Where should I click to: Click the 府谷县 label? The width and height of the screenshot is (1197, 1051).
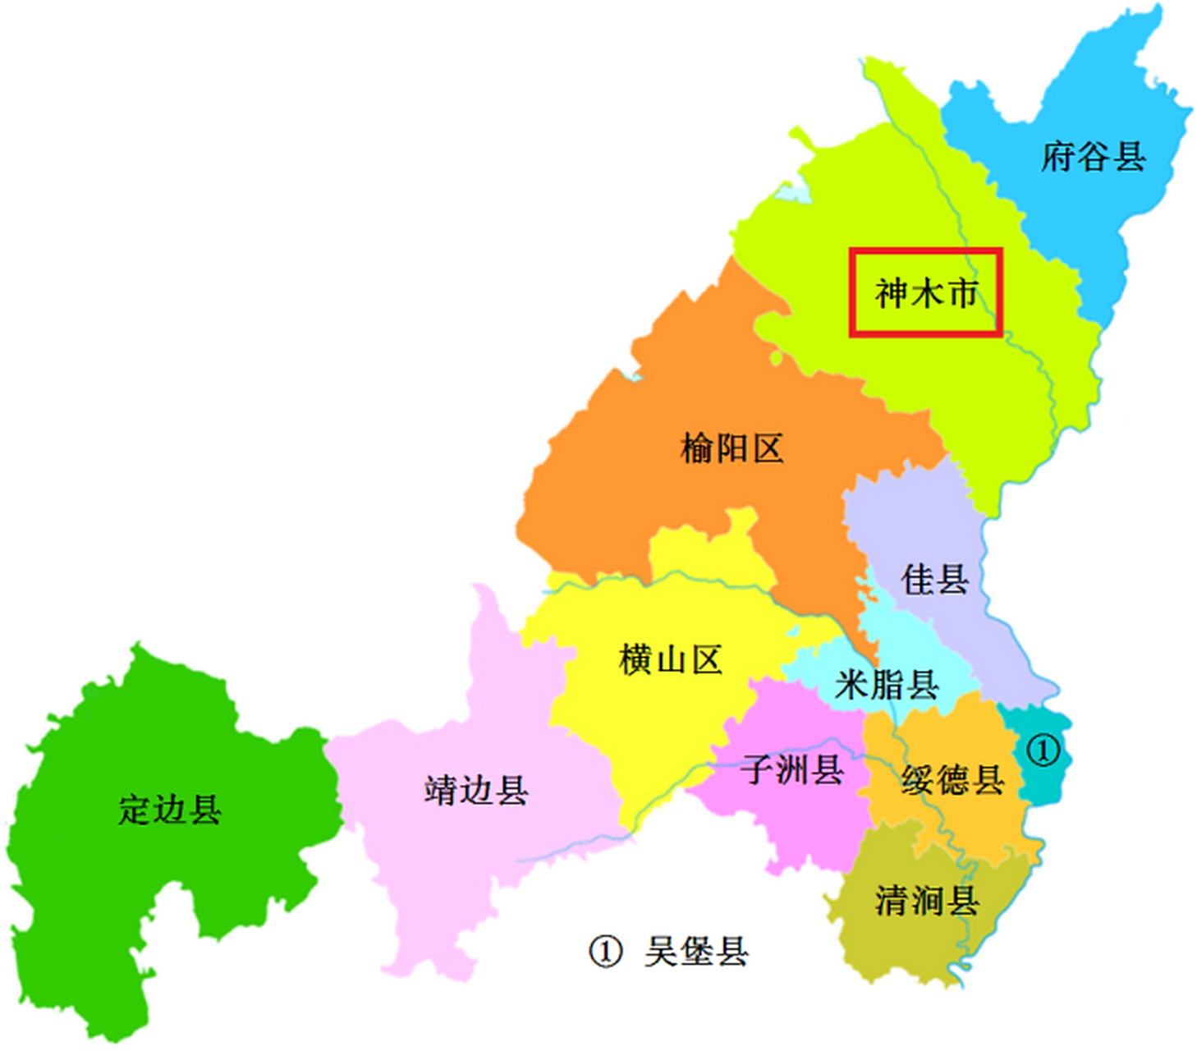(1093, 156)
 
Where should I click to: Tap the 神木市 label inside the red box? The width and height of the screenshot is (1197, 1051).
(926, 293)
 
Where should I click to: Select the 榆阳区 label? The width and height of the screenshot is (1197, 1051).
(731, 449)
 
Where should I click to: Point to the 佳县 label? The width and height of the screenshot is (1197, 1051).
(934, 580)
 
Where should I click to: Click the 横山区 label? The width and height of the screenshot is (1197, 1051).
(670, 659)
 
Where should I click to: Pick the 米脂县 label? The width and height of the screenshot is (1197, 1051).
(887, 684)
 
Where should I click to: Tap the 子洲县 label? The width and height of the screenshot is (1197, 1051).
(791, 769)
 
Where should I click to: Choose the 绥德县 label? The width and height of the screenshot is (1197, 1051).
(952, 779)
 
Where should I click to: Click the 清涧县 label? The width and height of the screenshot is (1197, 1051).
(926, 901)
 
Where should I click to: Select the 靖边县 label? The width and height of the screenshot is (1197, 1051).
(476, 790)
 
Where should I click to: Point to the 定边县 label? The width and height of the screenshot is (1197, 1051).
(170, 810)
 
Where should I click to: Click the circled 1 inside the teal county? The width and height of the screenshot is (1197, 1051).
(1043, 750)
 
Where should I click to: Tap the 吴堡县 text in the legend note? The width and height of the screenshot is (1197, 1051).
(696, 952)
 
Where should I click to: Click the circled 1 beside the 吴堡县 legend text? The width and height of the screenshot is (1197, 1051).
(605, 952)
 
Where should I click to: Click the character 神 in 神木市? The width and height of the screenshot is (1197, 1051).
(892, 293)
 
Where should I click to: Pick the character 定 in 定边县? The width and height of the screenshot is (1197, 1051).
(135, 810)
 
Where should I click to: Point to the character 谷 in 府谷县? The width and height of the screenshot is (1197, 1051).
(1093, 156)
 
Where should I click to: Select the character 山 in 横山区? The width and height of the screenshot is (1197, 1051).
(670, 659)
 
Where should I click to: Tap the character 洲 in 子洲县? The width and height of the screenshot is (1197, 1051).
(791, 769)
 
